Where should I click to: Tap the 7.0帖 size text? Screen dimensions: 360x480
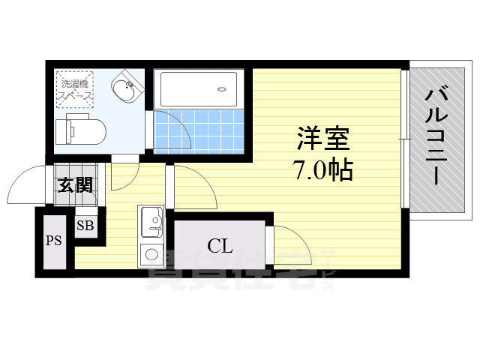coord(323,171)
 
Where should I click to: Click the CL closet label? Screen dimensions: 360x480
coord(219,244)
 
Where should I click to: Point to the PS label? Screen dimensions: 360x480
coord(53,241)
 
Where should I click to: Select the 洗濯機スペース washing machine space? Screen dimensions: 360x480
coord(76,91)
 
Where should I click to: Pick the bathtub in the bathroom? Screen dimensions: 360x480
coord(199,89)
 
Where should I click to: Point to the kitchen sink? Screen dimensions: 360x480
coord(152,220)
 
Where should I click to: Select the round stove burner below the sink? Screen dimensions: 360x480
coord(152,252)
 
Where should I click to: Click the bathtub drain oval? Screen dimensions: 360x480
coord(222,89)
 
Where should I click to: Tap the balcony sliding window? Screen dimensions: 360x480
coord(404,139)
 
